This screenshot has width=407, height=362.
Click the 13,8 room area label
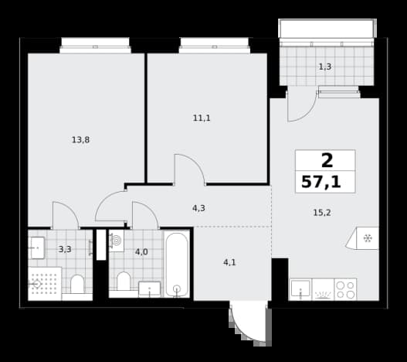80,140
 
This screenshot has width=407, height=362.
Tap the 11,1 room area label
202,118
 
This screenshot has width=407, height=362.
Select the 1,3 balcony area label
325,67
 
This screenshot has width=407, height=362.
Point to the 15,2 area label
322,213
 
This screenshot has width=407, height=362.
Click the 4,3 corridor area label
198,208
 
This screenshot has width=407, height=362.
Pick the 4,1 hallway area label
229,262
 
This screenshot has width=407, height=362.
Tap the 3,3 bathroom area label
65,249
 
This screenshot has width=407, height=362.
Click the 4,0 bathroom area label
141,251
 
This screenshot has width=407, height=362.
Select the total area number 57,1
321,182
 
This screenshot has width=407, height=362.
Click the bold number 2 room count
327,161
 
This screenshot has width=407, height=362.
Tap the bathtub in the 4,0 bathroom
177,265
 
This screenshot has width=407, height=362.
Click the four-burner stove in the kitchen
345,289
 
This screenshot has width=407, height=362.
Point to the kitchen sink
300,289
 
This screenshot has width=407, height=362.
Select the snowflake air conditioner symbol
368,238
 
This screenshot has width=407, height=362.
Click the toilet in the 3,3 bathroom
77,284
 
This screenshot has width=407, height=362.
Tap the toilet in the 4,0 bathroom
124,281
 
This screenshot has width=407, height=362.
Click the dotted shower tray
45,284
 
